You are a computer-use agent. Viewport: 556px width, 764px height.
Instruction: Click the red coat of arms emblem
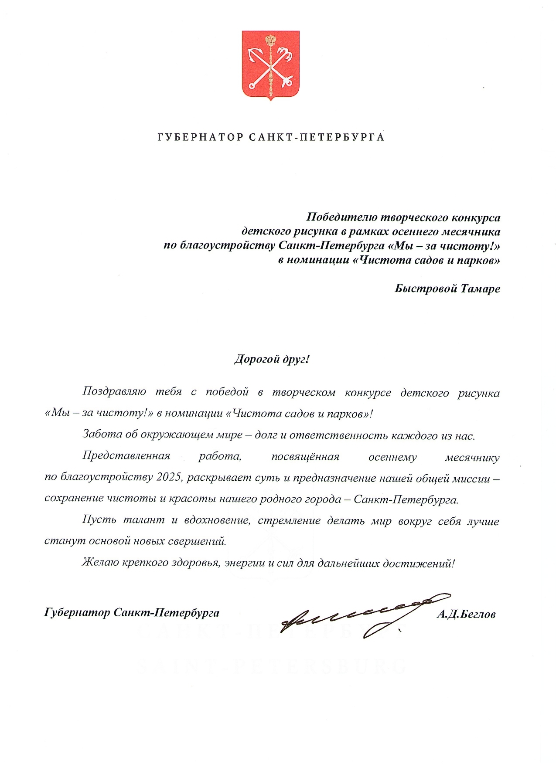270,65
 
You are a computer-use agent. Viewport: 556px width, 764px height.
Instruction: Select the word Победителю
341,217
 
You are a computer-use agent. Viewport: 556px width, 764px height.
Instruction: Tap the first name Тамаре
480,289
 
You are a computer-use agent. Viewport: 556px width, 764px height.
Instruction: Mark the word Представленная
126,456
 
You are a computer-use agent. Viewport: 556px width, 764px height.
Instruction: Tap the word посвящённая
305,457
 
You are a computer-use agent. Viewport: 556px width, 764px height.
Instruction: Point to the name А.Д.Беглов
466,614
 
